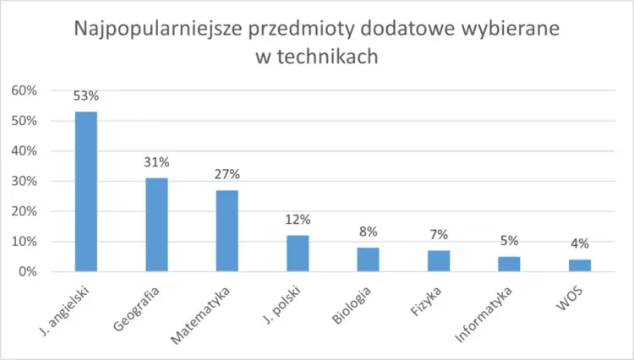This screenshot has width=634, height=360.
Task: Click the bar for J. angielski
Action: point(86,192)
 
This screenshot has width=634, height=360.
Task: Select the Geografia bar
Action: point(156,225)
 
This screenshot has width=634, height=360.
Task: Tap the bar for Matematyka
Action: point(227,231)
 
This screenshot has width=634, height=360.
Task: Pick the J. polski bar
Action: point(298,254)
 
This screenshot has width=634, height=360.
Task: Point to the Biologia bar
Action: point(368,259)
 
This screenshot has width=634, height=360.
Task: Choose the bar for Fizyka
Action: point(438,261)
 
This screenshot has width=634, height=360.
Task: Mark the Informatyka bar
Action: point(508,264)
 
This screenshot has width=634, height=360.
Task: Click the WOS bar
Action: point(579,265)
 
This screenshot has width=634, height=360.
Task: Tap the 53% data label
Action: point(86,95)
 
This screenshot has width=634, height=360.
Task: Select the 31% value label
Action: point(156,162)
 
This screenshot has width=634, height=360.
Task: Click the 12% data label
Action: point(298,220)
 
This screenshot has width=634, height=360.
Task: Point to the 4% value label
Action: point(579,244)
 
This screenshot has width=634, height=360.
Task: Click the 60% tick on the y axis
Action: point(24,90)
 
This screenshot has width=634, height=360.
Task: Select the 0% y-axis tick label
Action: point(27,272)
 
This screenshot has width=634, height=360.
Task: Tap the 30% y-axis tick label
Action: point(24,181)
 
